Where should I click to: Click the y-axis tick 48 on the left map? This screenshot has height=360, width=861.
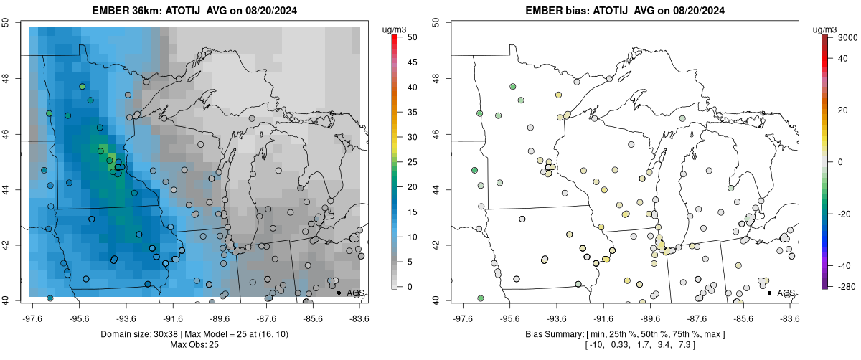[14, 78]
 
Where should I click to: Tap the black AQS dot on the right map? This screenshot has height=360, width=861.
[769, 293]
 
